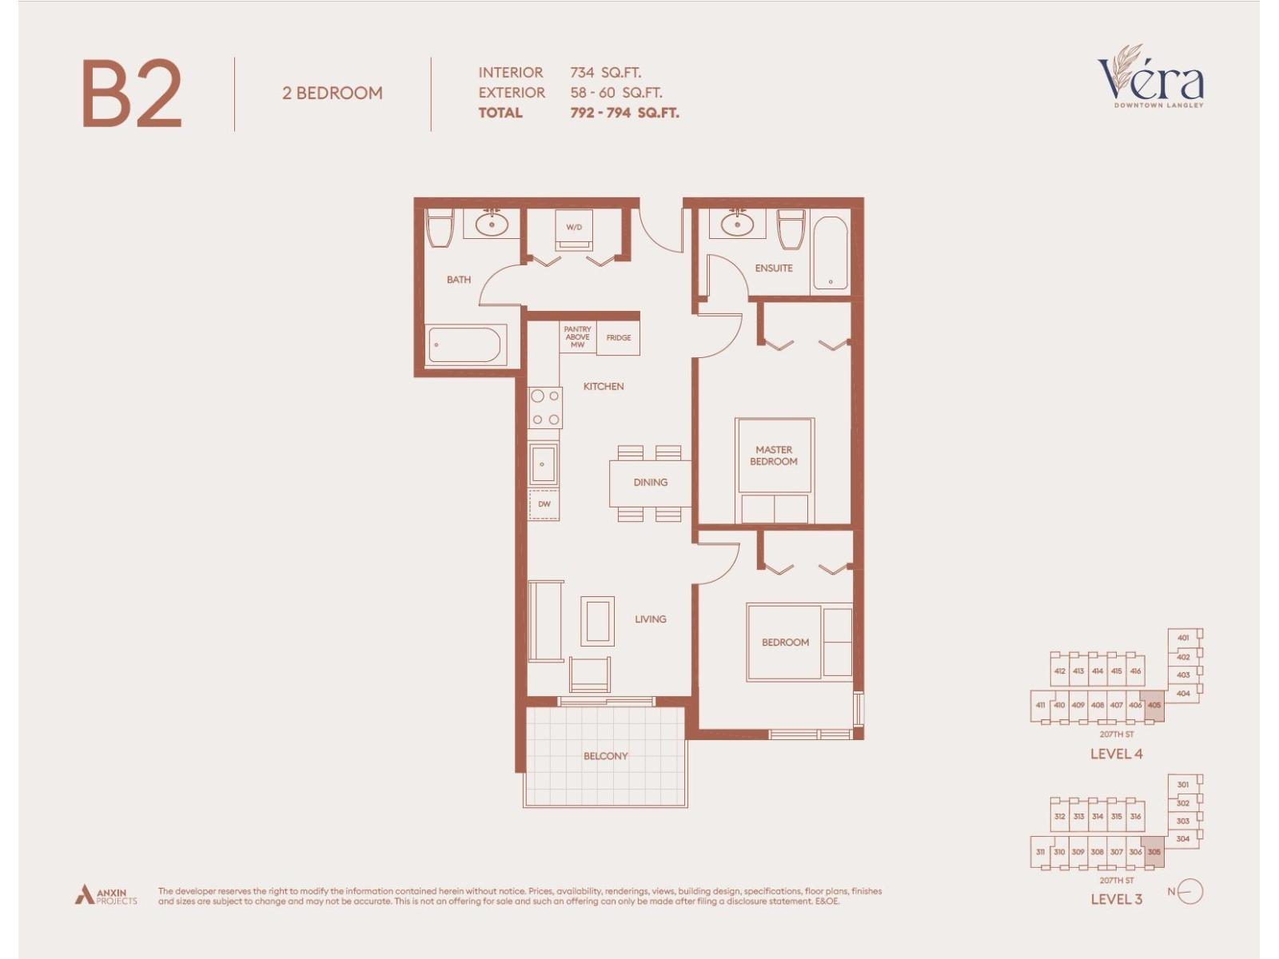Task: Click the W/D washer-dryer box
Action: pyautogui.click(x=574, y=229)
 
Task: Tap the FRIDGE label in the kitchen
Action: pyautogui.click(x=618, y=338)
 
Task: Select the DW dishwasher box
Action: pyautogui.click(x=544, y=504)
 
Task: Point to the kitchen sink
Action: pyautogui.click(x=544, y=464)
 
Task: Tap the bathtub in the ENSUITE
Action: pyautogui.click(x=830, y=253)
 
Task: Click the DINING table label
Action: pyautogui.click(x=650, y=483)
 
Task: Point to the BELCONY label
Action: pyautogui.click(x=605, y=756)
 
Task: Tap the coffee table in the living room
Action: pyautogui.click(x=597, y=621)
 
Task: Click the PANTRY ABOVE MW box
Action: pyautogui.click(x=577, y=337)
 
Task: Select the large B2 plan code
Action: pyautogui.click(x=132, y=94)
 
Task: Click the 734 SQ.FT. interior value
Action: pyautogui.click(x=605, y=73)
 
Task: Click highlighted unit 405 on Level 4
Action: pyautogui.click(x=1153, y=706)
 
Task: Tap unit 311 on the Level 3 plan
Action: pyautogui.click(x=1040, y=852)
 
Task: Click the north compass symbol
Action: pyautogui.click(x=1189, y=891)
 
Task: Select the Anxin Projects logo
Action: pyautogui.click(x=106, y=895)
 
